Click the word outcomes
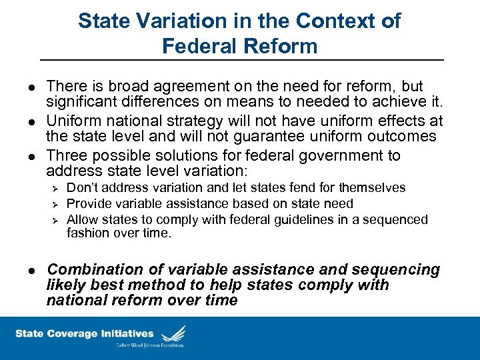397,137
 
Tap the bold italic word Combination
95,270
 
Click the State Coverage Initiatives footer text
85,334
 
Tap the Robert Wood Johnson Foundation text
149,345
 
